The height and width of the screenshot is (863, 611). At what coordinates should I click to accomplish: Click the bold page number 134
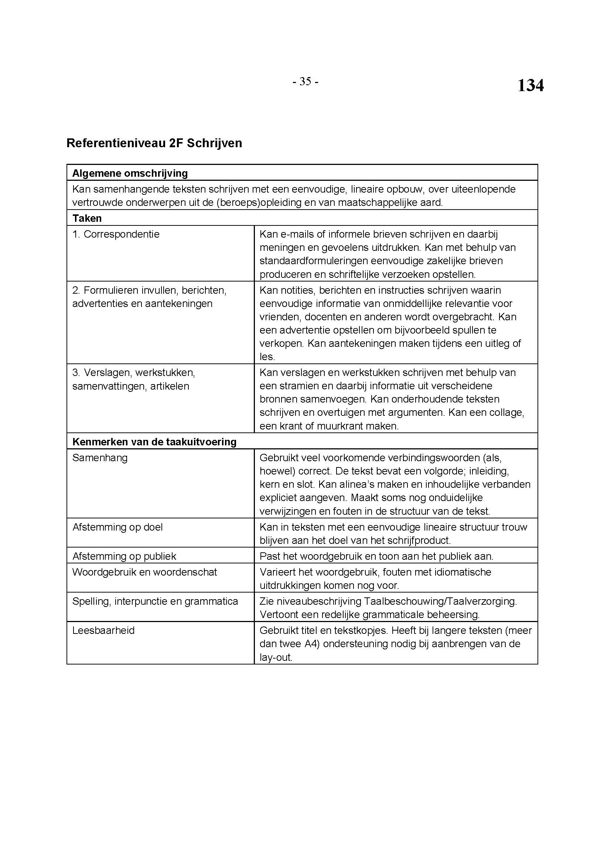(x=530, y=86)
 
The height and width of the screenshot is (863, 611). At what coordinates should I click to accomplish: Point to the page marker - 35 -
(x=305, y=82)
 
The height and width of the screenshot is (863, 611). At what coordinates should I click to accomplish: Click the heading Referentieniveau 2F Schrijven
(x=154, y=143)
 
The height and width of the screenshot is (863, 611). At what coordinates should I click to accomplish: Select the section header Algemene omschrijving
(x=130, y=173)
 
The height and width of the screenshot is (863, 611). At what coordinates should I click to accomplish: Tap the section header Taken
(x=87, y=218)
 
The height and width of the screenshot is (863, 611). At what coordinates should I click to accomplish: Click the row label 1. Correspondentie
(x=116, y=234)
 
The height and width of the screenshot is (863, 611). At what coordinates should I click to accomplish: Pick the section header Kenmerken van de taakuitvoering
(x=154, y=442)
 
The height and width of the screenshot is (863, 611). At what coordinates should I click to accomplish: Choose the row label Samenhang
(x=100, y=458)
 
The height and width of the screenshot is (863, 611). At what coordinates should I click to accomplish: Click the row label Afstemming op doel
(x=117, y=527)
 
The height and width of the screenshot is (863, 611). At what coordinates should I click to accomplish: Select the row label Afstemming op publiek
(x=124, y=556)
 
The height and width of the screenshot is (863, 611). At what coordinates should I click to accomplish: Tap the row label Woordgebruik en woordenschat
(x=144, y=572)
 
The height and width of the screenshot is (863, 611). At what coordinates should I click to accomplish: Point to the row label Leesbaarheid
(x=103, y=630)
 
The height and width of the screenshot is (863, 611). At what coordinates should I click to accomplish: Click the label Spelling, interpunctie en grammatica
(x=155, y=601)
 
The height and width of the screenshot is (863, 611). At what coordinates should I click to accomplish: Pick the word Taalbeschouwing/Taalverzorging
(x=441, y=601)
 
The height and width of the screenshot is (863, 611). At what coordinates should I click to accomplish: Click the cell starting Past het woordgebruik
(x=376, y=556)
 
